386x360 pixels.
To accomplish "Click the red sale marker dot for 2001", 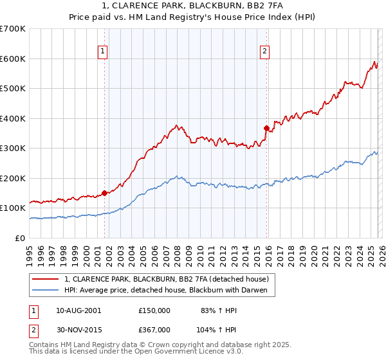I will pos(104,193).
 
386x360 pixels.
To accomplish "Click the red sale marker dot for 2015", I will pos(266,128).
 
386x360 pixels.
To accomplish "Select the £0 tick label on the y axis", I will pos(21,238).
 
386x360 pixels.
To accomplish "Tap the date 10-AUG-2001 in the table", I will pos(78,310).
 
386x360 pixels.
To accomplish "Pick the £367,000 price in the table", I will pos(154,330).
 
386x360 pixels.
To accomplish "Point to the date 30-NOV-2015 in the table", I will pos(78,330).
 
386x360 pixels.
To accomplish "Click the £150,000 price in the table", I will pos(154,310).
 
